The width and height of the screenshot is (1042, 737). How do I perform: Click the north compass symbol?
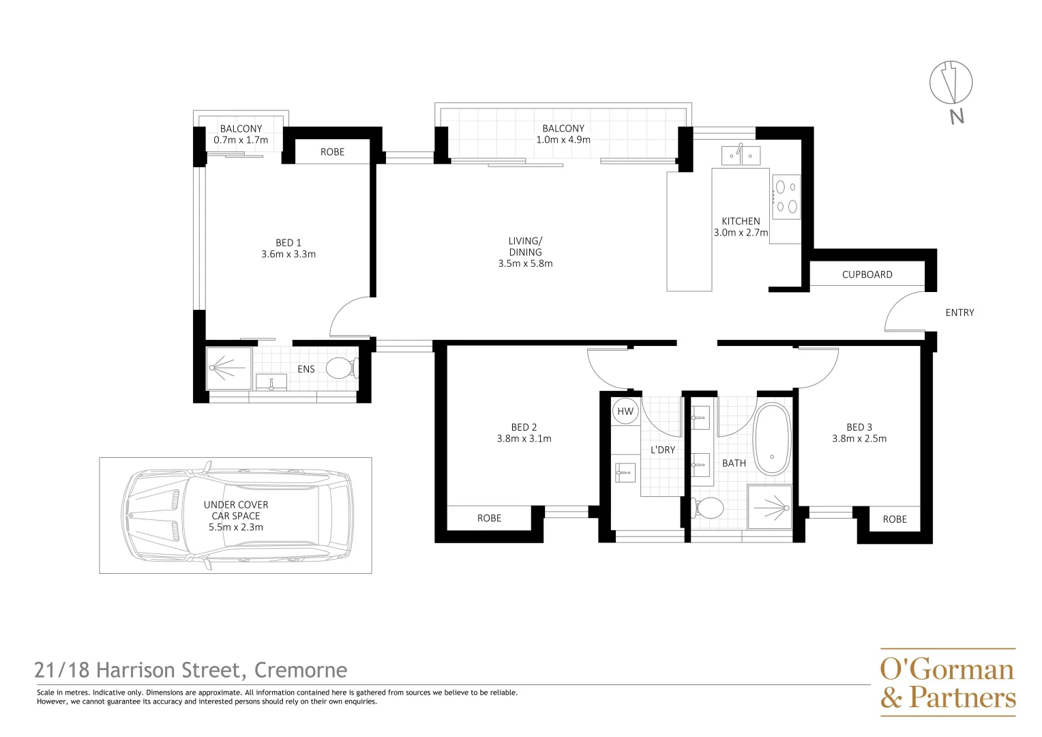(x=951, y=83)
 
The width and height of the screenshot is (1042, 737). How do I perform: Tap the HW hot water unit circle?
(x=625, y=411)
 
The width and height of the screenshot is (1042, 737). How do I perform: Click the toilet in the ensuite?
(x=341, y=369)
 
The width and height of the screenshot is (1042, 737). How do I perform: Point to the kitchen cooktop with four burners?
(x=786, y=197)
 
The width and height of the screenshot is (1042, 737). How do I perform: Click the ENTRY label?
(x=959, y=313)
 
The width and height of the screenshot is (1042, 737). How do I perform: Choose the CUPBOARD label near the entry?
(x=867, y=274)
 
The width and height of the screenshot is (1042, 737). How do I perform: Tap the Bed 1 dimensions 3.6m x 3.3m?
(x=288, y=255)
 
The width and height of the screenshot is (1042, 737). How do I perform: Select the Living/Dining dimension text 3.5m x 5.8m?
(x=525, y=263)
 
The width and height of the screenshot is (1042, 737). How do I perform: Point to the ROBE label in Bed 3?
(x=895, y=519)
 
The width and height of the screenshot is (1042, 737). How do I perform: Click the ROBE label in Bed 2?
(x=489, y=518)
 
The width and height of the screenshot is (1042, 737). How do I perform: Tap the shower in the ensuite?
(x=229, y=369)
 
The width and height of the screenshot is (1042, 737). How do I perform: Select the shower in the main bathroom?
(x=770, y=507)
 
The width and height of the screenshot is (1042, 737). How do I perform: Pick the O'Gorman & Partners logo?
(x=947, y=682)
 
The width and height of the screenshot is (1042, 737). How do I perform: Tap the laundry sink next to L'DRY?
(x=625, y=472)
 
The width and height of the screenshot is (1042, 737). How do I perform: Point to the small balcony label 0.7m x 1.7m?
(x=241, y=140)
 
